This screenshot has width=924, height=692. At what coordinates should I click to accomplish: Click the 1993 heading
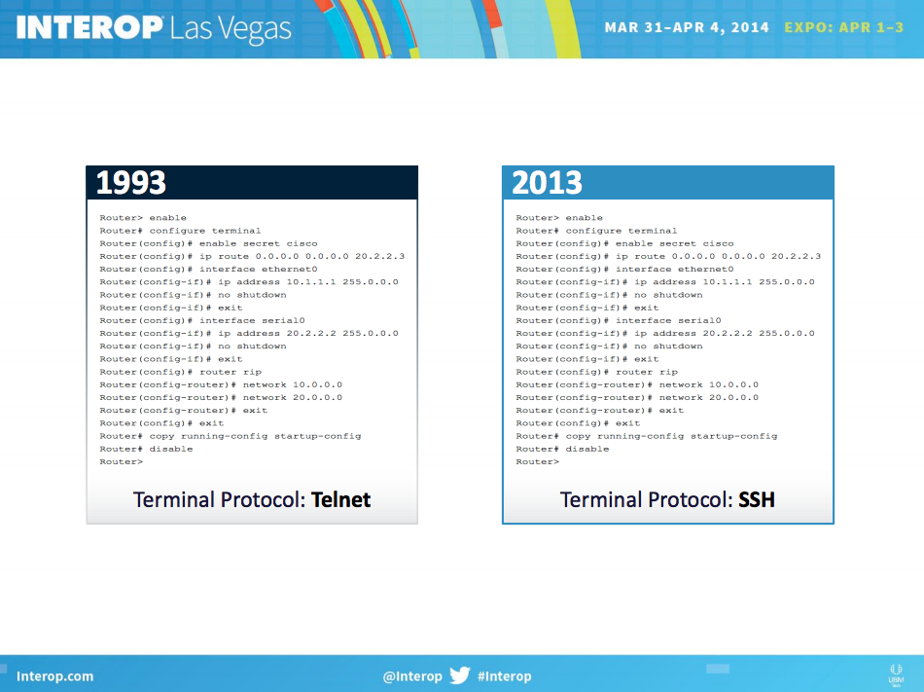tap(131, 183)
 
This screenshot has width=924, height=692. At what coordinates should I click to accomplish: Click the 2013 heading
tap(547, 183)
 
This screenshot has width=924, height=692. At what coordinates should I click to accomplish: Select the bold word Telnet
tap(340, 500)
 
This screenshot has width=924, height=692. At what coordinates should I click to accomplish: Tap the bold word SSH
tap(756, 500)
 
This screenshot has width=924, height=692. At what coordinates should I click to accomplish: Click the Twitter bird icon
tap(460, 674)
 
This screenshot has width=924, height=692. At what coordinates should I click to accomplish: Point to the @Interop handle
tap(412, 676)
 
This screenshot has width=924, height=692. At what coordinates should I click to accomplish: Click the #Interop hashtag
tap(505, 676)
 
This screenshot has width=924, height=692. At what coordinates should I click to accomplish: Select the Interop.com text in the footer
tap(54, 676)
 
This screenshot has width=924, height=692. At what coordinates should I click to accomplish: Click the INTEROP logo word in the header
tap(89, 27)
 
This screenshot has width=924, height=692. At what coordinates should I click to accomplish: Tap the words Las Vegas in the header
tap(231, 29)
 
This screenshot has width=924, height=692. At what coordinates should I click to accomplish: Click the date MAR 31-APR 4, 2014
tap(687, 27)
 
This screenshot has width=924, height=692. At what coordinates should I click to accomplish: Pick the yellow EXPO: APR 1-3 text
tap(844, 27)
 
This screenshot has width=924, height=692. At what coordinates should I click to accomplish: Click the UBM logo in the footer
tap(896, 674)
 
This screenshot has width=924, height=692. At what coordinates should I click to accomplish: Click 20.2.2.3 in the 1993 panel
tap(379, 256)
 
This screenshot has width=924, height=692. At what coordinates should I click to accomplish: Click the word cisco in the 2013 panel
tap(718, 243)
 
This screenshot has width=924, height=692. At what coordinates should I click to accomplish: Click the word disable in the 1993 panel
tap(171, 449)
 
